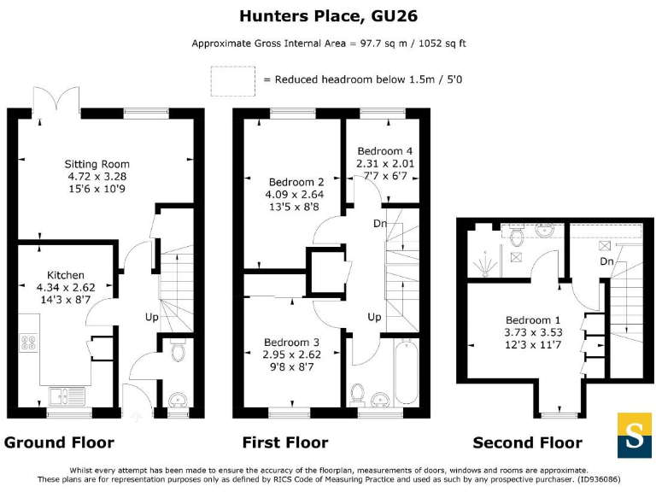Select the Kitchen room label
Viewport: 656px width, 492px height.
pyautogui.click(x=66, y=275)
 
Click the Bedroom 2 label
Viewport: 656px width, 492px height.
pyautogui.click(x=296, y=182)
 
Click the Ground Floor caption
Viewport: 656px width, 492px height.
pyautogui.click(x=59, y=442)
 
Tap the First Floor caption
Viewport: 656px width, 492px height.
pyautogui.click(x=285, y=442)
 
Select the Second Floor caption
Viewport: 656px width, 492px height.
pyautogui.click(x=528, y=442)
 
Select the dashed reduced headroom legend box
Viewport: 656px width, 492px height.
pyautogui.click(x=232, y=79)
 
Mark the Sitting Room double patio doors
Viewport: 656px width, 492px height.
pyautogui.click(x=57, y=101)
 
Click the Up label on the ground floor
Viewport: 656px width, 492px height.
pyautogui.click(x=152, y=317)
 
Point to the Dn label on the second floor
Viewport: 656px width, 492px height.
pyautogui.click(x=607, y=261)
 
